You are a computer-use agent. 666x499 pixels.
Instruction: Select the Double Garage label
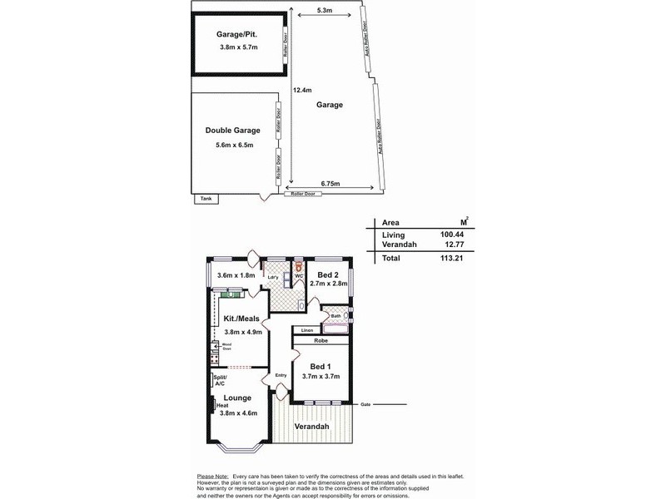[232, 131]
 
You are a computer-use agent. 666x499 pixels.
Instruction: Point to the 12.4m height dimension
[301, 90]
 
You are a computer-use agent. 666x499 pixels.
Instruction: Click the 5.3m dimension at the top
[326, 11]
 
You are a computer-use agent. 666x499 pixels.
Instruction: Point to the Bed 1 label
[321, 367]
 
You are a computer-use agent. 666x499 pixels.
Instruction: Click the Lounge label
[236, 398]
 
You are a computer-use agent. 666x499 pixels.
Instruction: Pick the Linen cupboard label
[306, 330]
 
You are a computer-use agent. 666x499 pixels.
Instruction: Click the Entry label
[281, 375]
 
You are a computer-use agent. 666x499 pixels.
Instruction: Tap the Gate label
[365, 404]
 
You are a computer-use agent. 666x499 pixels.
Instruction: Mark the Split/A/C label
[220, 381]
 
